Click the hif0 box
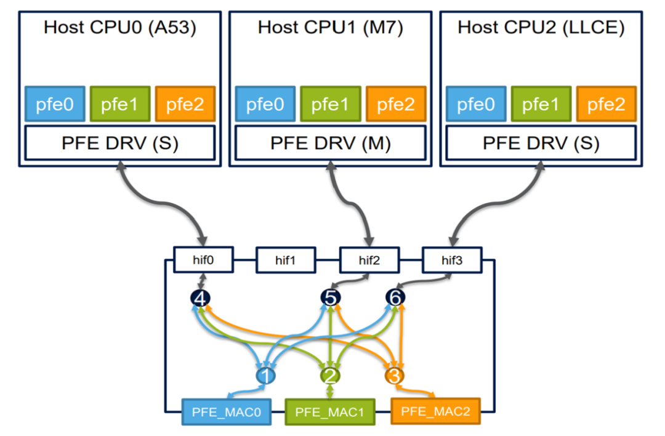pos(203,259)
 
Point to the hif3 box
pos(452,260)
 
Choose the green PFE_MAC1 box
pos(330,411)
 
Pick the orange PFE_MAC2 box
pos(435,411)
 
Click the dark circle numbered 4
pos(200,299)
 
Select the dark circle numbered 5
pos(331,299)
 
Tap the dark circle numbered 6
pos(396,298)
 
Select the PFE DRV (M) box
pos(331,142)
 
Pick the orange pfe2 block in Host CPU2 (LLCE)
pos(605,104)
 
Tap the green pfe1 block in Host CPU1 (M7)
pos(331,104)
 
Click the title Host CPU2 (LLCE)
pos(541,28)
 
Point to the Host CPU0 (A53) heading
pos(120,28)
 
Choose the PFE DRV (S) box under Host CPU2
pos(541,142)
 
